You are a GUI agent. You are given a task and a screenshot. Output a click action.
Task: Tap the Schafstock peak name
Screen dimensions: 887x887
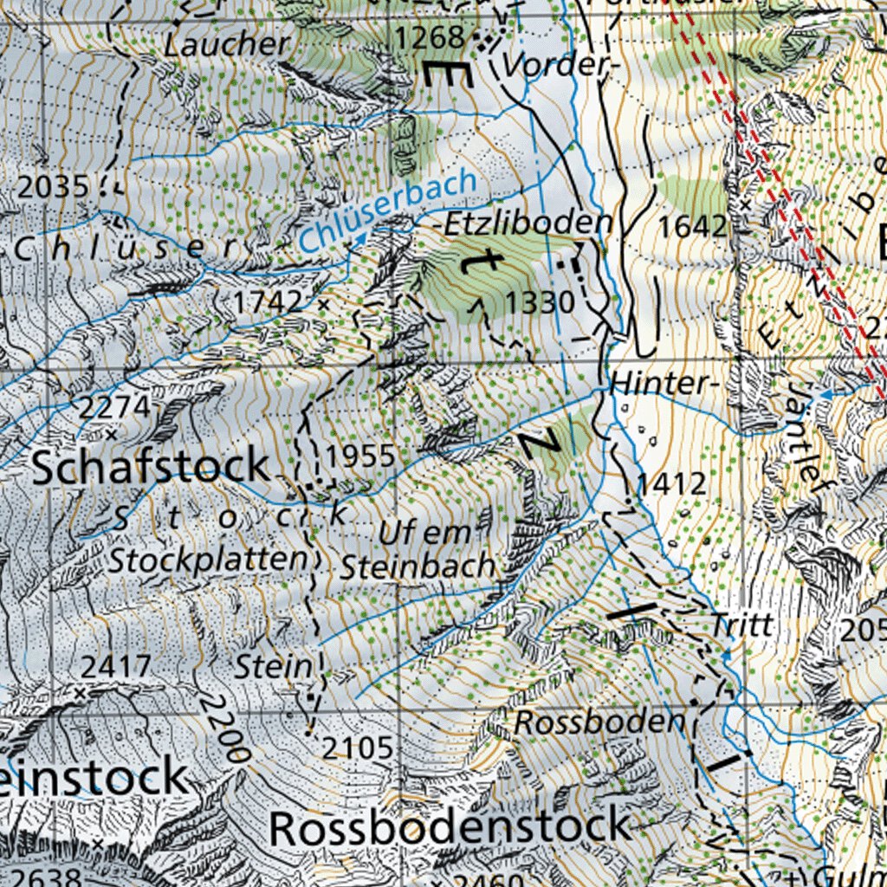pos(151,467)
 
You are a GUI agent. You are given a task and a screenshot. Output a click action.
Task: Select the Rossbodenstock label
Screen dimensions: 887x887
pos(449,827)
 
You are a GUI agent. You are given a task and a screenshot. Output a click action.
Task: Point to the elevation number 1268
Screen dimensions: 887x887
pos(430,37)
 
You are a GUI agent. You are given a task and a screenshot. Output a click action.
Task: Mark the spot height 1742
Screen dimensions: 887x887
pos(268,301)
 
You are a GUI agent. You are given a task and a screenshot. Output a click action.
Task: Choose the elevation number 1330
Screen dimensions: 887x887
pos(541,302)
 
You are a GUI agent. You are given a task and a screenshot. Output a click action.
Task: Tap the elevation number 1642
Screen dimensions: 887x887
pos(692,227)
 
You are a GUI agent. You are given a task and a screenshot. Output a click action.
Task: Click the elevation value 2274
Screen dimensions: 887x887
pos(113,406)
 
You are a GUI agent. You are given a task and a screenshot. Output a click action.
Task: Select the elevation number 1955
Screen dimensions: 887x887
pos(361,456)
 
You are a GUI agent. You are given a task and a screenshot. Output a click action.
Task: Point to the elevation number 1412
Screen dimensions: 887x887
pos(672,484)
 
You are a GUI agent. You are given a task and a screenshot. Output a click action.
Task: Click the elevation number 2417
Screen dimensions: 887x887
pos(116,667)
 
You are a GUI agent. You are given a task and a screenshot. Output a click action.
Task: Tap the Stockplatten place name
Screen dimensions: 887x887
pos(209,560)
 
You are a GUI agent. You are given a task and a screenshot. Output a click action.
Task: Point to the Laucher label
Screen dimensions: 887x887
pos(227,45)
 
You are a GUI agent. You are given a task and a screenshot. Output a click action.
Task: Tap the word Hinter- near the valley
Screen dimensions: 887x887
pos(658,383)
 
